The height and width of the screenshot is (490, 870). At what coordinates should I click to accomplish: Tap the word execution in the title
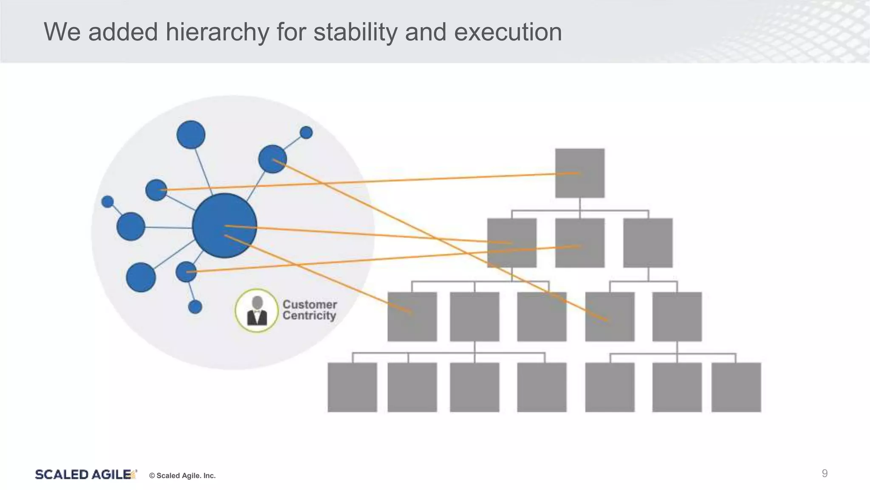[508, 32]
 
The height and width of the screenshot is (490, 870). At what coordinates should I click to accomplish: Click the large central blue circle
[224, 225]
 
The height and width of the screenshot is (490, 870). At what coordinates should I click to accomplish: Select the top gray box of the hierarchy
[579, 173]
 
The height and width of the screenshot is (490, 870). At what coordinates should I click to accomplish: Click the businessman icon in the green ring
[257, 311]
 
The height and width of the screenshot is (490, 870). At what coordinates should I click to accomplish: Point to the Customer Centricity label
[309, 310]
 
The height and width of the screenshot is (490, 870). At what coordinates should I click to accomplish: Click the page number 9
[824, 473]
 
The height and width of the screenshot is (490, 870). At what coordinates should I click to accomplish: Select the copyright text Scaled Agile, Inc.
[182, 476]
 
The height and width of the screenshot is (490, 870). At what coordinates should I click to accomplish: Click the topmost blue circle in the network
[191, 134]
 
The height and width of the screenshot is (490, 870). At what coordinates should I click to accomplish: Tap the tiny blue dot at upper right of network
[306, 133]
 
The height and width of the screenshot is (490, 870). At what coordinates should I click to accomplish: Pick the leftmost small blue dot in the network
[108, 201]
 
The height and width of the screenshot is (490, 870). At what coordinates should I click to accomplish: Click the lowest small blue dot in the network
[195, 307]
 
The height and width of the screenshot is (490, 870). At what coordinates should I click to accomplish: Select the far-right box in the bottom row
[736, 387]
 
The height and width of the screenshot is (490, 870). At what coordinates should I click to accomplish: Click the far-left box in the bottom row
[352, 387]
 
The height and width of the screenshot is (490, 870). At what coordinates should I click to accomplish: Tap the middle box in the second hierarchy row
[579, 243]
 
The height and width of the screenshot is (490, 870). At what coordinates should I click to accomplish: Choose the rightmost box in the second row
[647, 243]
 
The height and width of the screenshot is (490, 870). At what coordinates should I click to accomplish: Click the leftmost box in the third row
[412, 316]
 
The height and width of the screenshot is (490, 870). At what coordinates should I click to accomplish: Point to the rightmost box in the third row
[677, 316]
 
